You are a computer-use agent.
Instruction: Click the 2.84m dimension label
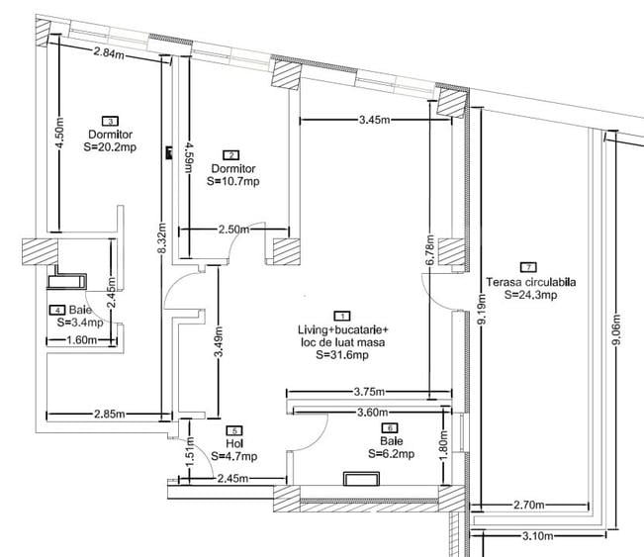pyautogui.click(x=110, y=52)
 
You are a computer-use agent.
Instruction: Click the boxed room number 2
pyautogui.click(x=231, y=154)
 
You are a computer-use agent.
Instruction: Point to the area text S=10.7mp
pyautogui.click(x=233, y=181)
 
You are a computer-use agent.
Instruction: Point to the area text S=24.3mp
pyautogui.click(x=530, y=294)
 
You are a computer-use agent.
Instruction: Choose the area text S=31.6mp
pyautogui.click(x=342, y=354)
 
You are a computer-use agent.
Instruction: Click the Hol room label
pyautogui.click(x=233, y=444)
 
